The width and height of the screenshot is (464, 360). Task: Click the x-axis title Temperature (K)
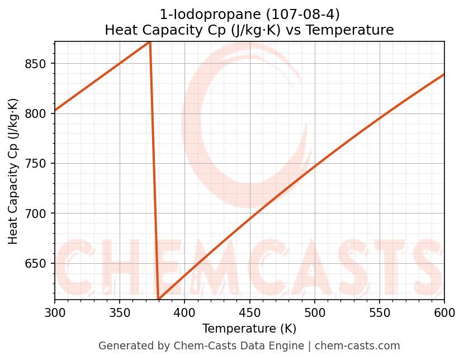249,329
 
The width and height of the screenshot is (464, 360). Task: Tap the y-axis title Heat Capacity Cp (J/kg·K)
13,171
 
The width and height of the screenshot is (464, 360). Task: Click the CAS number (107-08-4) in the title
298,14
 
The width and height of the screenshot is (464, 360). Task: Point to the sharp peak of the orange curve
150,42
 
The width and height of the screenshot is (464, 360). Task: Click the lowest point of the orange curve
159,299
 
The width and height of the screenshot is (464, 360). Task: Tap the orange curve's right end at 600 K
444,74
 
